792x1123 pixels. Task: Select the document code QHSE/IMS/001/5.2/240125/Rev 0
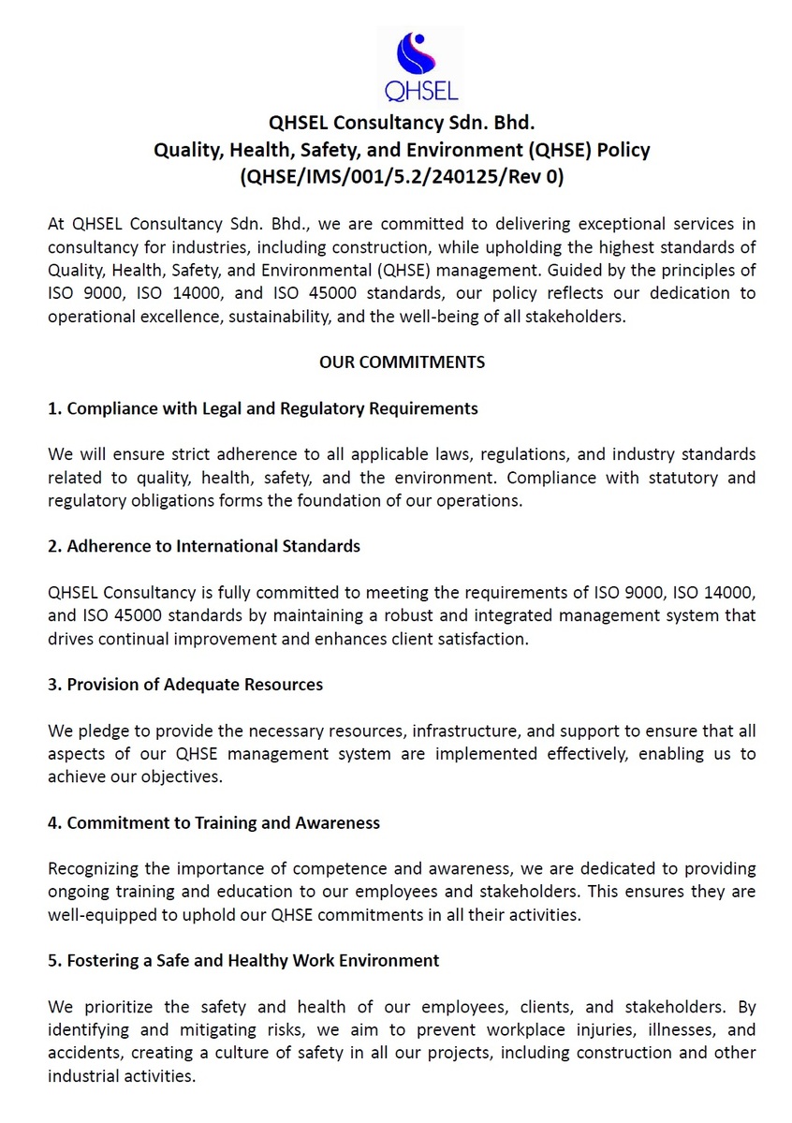402,175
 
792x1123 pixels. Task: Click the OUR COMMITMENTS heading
402,362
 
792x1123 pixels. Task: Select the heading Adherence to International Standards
204,546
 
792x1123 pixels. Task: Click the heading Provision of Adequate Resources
185,684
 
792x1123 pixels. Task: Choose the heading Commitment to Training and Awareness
214,822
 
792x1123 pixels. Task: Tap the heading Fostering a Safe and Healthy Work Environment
243,960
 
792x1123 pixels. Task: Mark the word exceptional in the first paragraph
561,224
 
